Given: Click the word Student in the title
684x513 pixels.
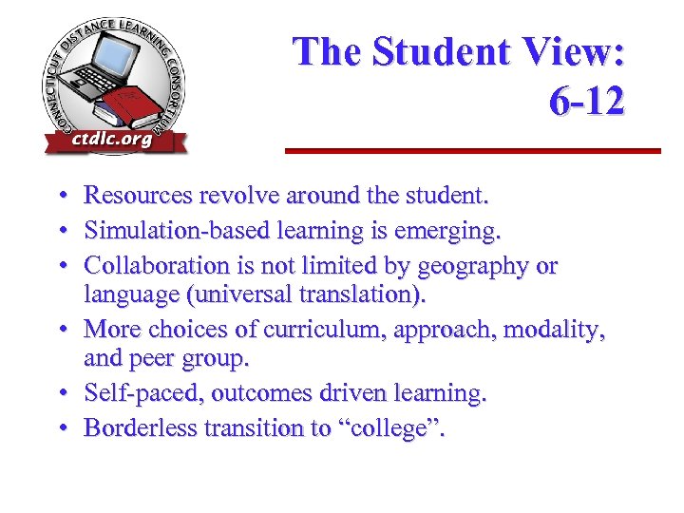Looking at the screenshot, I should [446, 52].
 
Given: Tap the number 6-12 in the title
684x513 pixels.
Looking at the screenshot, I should [586, 101].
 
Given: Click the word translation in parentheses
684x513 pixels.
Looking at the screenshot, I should [358, 295].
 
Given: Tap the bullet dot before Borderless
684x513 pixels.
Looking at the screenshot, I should [59, 429].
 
